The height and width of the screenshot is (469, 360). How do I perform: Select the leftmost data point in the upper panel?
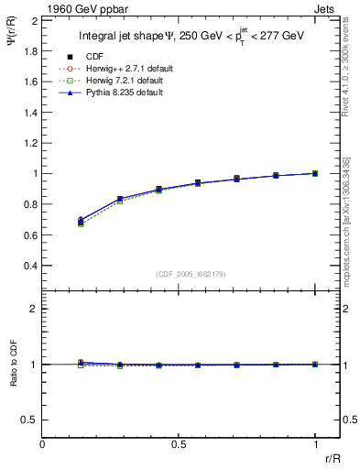coord(81,221)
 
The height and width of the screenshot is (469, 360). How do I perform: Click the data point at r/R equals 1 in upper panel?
coord(315,173)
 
